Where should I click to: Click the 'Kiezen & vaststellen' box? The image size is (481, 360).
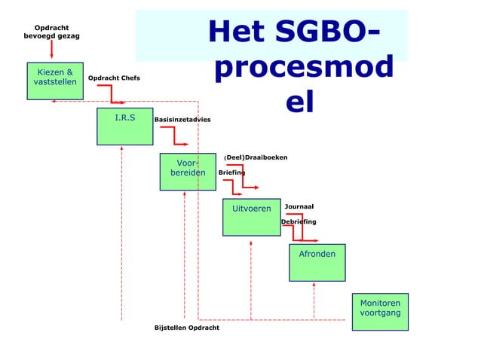(x=56, y=81)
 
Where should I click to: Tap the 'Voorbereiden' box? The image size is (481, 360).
(x=187, y=172)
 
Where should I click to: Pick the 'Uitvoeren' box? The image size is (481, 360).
(x=251, y=217)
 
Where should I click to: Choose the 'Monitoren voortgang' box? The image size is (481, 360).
(x=380, y=311)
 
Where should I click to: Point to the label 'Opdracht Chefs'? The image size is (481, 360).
(x=114, y=78)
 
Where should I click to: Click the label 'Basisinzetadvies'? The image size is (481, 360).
(x=182, y=120)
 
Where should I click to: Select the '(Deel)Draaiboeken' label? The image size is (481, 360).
(x=255, y=157)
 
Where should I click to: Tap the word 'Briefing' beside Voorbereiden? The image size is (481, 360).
(x=231, y=172)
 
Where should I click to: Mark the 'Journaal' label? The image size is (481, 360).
(x=299, y=206)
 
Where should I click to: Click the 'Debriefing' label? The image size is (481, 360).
(x=299, y=221)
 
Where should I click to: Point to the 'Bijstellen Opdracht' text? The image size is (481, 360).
(x=187, y=328)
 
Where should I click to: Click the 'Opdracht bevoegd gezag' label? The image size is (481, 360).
(x=52, y=32)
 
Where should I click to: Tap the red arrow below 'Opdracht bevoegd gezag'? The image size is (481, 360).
(x=52, y=50)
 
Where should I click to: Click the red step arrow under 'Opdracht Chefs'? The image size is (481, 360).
(x=113, y=94)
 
